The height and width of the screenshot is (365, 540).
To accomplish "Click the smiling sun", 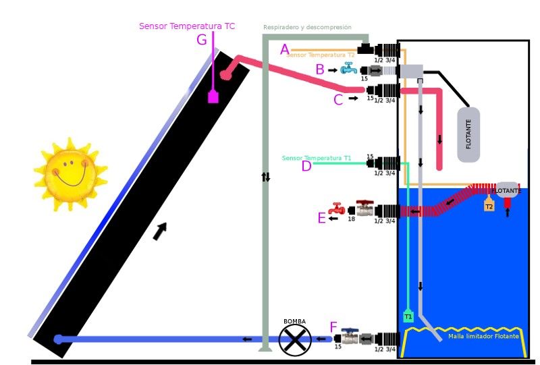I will pyautogui.click(x=70, y=173).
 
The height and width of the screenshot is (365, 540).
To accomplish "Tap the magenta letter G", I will pyautogui.click(x=202, y=40).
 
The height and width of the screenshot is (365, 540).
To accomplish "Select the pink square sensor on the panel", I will pyautogui.click(x=213, y=96).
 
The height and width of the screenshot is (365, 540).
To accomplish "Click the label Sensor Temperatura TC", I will pyautogui.click(x=187, y=26).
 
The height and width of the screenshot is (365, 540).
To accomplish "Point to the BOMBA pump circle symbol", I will pyautogui.click(x=295, y=339).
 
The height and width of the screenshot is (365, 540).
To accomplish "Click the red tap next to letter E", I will pyautogui.click(x=336, y=210).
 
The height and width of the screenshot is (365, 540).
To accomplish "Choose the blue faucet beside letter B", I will pyautogui.click(x=348, y=68).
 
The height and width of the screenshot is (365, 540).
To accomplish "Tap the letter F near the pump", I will pyautogui.click(x=333, y=327).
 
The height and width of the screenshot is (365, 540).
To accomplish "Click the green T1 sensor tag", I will pyautogui.click(x=408, y=316).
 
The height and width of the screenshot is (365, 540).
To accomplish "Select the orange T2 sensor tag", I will pyautogui.click(x=489, y=205).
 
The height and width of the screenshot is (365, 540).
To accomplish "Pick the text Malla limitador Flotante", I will pyautogui.click(x=483, y=336).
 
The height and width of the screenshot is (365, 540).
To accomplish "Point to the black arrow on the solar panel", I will pyautogui.click(x=160, y=231).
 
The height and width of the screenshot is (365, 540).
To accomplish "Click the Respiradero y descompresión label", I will pyautogui.click(x=307, y=28).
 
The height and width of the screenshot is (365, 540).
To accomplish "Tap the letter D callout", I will pyautogui.click(x=306, y=166).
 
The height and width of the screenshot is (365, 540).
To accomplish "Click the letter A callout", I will pyautogui.click(x=285, y=49).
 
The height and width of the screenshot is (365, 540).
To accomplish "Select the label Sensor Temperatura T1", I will pyautogui.click(x=317, y=158).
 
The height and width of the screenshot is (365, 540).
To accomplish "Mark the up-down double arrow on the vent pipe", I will pyautogui.click(x=266, y=177).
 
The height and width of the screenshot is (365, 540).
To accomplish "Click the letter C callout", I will pyautogui.click(x=339, y=99).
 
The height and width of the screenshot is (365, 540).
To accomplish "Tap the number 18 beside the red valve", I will pyautogui.click(x=351, y=219).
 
